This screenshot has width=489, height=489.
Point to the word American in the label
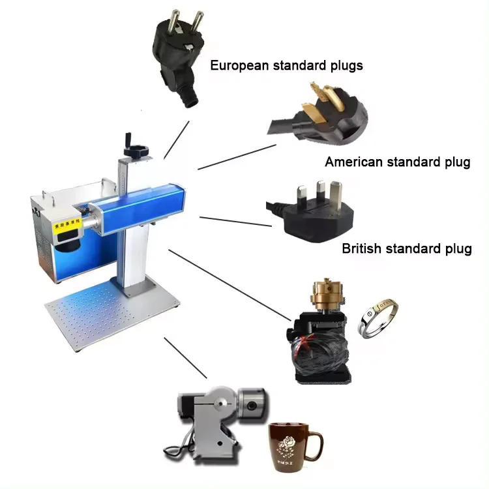(353, 162)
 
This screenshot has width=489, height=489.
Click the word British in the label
(362, 249)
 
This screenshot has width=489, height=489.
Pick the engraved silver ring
(378, 318)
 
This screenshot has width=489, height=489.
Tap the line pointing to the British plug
(235, 221)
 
